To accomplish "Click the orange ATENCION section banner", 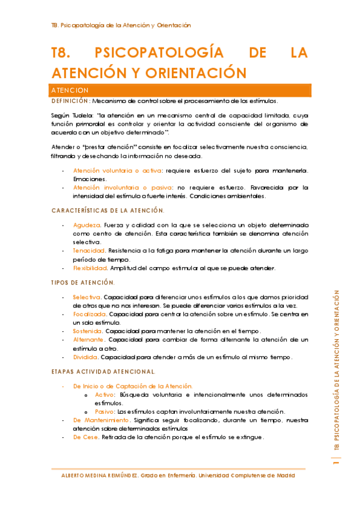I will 180,90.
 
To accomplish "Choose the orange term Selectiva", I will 87,297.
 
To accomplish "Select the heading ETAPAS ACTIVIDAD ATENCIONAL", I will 103,372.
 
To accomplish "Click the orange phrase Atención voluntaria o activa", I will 113,171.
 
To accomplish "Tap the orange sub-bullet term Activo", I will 105,395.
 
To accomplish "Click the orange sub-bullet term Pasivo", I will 105,411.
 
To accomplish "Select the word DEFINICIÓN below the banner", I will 70,100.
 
